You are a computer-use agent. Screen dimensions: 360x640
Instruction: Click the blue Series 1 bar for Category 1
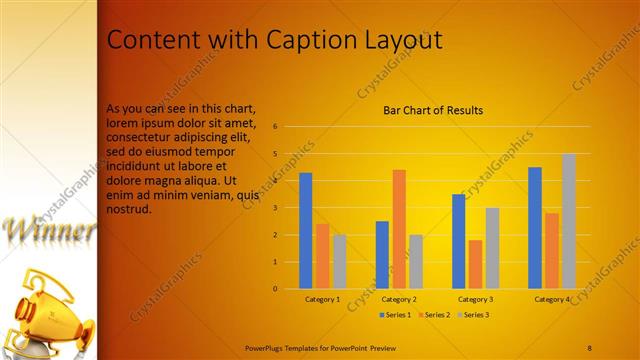coord(306,231)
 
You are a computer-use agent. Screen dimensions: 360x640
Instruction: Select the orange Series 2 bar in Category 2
coord(371,229)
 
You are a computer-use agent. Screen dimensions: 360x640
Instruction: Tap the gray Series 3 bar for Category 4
coord(569,221)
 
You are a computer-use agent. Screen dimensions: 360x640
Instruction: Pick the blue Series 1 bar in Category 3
coord(458,241)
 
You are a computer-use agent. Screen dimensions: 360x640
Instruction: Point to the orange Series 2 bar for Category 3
coord(475,264)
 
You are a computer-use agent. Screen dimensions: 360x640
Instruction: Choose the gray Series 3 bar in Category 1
coord(340,261)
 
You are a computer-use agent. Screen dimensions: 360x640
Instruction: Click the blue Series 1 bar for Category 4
coord(535,228)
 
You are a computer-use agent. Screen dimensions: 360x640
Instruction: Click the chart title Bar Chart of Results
coord(434,110)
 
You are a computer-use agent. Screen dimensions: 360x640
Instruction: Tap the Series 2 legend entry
coord(436,315)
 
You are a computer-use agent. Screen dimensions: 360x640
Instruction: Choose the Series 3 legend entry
coord(474,315)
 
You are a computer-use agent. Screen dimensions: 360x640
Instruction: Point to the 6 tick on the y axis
coord(274,127)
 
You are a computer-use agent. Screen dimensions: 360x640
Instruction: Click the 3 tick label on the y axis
coord(274,208)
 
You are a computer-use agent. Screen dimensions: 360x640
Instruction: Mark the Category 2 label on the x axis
coord(399,299)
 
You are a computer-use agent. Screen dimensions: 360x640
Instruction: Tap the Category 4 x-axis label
coord(552,299)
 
